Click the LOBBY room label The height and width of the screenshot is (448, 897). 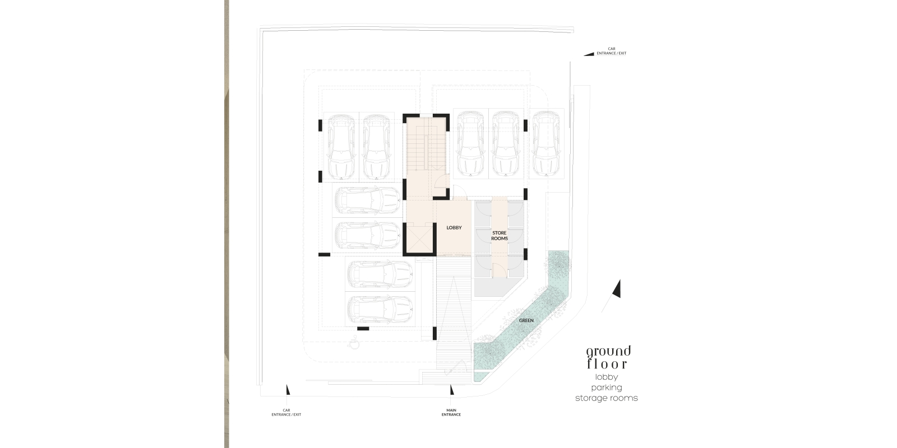(x=454, y=227)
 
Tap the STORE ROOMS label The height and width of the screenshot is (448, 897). (x=500, y=236)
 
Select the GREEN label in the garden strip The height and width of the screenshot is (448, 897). (x=526, y=320)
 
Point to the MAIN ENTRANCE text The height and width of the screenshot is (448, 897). (x=451, y=412)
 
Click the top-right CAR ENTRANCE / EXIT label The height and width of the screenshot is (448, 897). (x=612, y=51)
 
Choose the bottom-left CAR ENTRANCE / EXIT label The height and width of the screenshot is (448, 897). (x=286, y=412)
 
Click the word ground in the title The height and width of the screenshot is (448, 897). (x=609, y=352)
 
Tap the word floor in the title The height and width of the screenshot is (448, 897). (x=607, y=364)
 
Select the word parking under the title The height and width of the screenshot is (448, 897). (x=607, y=388)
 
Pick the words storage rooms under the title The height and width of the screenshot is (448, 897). (x=606, y=398)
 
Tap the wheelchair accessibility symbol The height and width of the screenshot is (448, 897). (x=354, y=343)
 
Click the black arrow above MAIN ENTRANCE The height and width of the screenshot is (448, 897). (x=452, y=390)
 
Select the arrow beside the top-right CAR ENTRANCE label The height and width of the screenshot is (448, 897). (x=589, y=54)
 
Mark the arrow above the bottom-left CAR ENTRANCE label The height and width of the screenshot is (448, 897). (x=288, y=390)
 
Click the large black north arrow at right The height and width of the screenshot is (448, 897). (x=617, y=289)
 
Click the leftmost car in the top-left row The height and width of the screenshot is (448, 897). (x=341, y=147)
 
